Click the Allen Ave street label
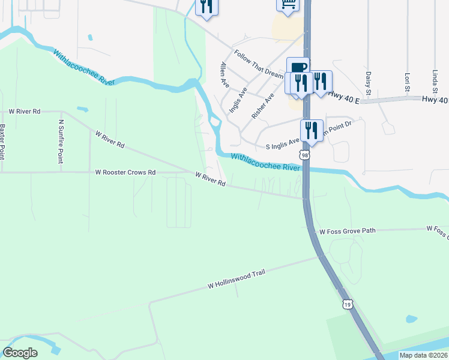[x=224, y=74]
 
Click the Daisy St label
[x=369, y=83]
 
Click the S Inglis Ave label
[x=282, y=145]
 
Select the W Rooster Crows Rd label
[x=125, y=172]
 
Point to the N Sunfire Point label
[x=61, y=141]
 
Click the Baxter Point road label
[x=3, y=141]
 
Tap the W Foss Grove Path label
[x=348, y=231]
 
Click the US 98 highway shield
[x=306, y=155]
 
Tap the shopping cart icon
[x=288, y=4]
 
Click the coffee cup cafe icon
[x=298, y=67]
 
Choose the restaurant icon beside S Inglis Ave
[x=311, y=130]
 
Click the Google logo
[x=20, y=352]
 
